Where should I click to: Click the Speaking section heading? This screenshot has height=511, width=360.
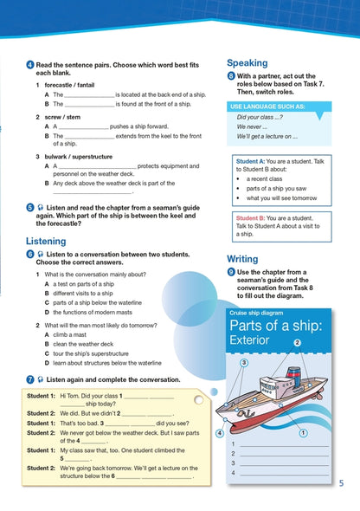point(249,63)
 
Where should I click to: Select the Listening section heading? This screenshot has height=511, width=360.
point(46,241)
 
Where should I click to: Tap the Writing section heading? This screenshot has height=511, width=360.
point(242,258)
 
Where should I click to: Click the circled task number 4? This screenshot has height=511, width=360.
point(30,67)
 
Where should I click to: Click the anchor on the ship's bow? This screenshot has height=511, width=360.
point(229,415)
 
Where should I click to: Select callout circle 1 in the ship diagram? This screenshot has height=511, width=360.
point(303,431)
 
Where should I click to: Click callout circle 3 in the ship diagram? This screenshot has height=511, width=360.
point(245,363)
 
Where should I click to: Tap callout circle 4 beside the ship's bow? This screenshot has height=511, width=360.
point(221,432)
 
